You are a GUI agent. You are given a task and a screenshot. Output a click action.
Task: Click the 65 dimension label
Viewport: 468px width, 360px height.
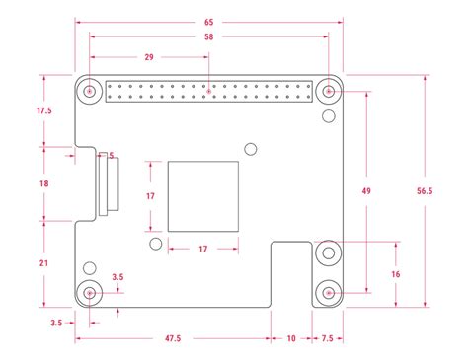[x=207, y=21]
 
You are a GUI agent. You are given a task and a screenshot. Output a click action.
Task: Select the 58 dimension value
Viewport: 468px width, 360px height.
[x=207, y=37]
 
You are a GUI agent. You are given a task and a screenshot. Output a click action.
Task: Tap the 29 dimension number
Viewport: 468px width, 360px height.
[x=148, y=58]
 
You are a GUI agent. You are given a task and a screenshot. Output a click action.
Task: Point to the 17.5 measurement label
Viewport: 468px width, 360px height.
[x=43, y=111]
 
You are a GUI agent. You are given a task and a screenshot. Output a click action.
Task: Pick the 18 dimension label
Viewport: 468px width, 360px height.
[x=43, y=183]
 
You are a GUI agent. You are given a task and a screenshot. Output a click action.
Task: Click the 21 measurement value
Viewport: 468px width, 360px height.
[x=43, y=263]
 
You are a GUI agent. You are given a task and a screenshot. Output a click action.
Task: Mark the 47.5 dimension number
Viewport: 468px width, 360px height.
[x=173, y=338]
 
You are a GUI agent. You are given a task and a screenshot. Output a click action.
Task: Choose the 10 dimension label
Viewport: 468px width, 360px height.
[x=290, y=338]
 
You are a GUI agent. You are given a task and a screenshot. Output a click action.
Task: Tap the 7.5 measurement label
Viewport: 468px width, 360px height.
[x=325, y=338]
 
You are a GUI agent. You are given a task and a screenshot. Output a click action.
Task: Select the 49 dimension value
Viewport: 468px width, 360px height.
[x=366, y=189]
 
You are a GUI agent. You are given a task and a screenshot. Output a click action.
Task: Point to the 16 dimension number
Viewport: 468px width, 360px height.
[x=396, y=273]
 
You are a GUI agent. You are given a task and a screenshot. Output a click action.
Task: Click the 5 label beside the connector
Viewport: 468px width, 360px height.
[x=112, y=155]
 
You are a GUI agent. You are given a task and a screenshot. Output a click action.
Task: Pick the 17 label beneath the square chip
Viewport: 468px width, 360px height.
[x=203, y=249]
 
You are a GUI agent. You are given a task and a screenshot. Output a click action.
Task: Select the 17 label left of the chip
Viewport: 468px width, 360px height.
[x=149, y=196]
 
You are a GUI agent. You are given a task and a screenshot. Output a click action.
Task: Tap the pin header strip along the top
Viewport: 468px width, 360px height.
[x=207, y=93]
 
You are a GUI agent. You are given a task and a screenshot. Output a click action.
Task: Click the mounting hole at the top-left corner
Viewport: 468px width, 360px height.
[x=90, y=93]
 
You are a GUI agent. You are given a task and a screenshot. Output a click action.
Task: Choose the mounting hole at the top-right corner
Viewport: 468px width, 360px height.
[x=328, y=93]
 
